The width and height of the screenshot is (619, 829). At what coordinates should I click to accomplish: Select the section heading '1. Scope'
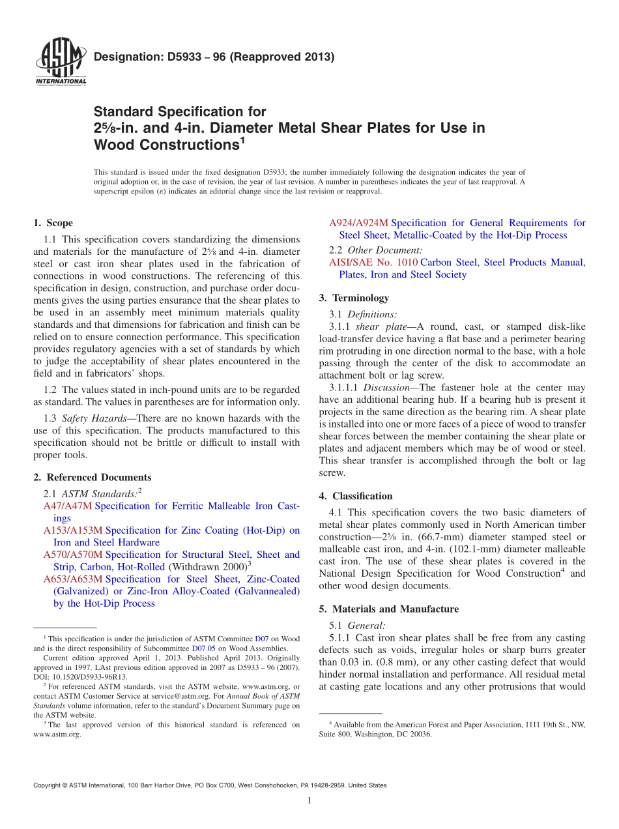tap(53, 223)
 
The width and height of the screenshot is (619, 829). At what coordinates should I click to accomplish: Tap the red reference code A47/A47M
tap(68, 506)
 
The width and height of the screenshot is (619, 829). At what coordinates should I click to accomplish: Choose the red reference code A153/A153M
tap(73, 531)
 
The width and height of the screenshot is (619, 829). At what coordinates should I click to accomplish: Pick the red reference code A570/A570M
tap(73, 555)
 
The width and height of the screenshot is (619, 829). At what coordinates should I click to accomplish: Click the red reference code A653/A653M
tap(73, 579)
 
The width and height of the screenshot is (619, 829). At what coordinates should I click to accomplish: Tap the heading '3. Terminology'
tap(354, 298)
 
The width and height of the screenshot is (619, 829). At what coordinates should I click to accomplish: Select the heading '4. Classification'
tap(356, 496)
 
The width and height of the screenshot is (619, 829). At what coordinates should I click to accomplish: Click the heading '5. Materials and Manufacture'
tap(389, 609)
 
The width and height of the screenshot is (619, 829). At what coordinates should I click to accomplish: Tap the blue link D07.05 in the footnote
tap(201, 648)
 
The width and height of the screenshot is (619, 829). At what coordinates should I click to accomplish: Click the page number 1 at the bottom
tap(309, 800)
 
